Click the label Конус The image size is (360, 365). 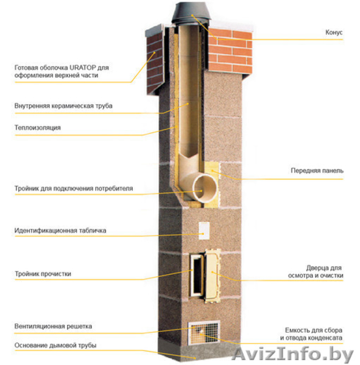click(334, 32)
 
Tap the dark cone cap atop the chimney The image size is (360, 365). click(191, 13)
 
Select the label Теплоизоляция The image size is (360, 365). click(38, 128)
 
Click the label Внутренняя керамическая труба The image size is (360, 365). click(63, 106)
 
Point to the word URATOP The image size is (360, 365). click(83, 68)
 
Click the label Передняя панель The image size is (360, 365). click(317, 170)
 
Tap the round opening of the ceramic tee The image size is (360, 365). click(205, 188)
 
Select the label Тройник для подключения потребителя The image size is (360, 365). click(74, 189)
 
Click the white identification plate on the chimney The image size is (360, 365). click(204, 231)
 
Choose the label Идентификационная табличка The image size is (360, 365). click(60, 231)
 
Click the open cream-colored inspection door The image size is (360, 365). click(213, 276)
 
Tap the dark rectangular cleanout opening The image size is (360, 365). click(197, 275)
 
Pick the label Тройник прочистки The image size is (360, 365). click(43, 274)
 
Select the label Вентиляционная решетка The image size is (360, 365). click(53, 326)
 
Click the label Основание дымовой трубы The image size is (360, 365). click(55, 346)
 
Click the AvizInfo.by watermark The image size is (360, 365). click(292, 354)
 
